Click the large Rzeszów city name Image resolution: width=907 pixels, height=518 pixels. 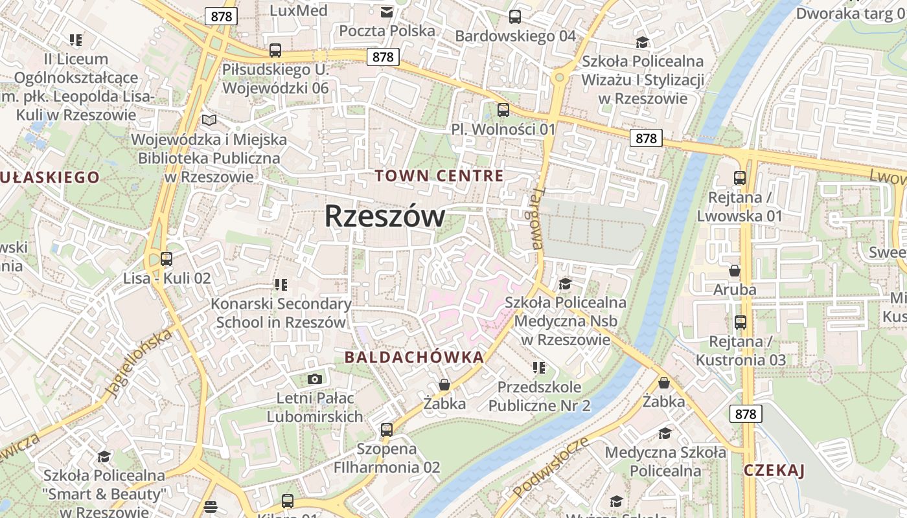[x=384, y=216]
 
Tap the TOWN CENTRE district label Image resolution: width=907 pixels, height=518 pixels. [x=439, y=175]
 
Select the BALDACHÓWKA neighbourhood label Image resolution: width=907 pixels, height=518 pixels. [x=414, y=357]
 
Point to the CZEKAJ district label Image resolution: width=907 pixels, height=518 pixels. [x=774, y=470]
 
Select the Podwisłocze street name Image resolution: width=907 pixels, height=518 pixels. [x=551, y=467]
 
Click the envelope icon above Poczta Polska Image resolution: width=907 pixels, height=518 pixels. [x=387, y=12]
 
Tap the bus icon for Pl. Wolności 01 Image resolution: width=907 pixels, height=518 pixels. [x=503, y=110]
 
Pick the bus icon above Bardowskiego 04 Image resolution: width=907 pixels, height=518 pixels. [x=515, y=17]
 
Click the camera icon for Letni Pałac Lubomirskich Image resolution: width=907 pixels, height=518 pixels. [x=315, y=379]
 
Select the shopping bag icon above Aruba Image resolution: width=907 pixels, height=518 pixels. [x=735, y=270]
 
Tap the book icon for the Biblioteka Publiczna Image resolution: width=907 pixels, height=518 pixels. [x=209, y=120]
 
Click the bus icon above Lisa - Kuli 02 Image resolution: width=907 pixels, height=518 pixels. [x=166, y=259]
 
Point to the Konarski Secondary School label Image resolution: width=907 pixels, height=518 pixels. [x=281, y=313]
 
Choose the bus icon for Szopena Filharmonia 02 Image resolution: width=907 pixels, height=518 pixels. [x=387, y=429]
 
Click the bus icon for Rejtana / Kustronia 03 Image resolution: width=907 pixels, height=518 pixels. [x=740, y=322]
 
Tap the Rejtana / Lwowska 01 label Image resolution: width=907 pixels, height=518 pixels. [x=739, y=207]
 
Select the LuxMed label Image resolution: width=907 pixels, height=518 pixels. [x=299, y=10]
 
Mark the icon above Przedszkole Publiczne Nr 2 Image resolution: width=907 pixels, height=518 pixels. [x=538, y=368]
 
